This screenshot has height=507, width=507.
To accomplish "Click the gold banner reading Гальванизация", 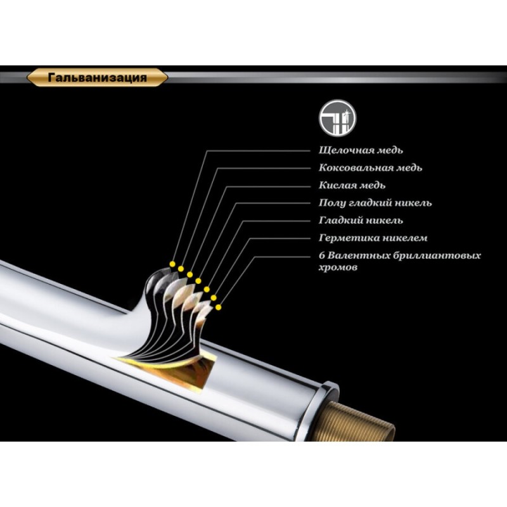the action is click(x=97, y=77).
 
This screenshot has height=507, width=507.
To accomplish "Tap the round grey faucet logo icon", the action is click(x=337, y=118).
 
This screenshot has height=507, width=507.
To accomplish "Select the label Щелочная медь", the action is click(x=361, y=150).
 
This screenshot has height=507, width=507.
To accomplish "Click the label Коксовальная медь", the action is click(x=371, y=168).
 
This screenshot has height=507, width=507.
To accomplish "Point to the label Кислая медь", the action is click(x=352, y=185).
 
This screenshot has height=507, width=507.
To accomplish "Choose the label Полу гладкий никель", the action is click(x=375, y=203).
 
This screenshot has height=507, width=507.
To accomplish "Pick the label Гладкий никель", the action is click(x=361, y=221).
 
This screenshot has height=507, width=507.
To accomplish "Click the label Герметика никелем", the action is click(x=373, y=238).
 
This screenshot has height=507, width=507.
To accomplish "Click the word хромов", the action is click(x=338, y=267).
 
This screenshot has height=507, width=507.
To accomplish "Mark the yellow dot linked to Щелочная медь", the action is click(x=172, y=264).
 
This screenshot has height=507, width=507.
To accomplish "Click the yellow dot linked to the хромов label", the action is click(x=219, y=307).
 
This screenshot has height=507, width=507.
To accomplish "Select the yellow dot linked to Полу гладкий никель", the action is click(x=198, y=281).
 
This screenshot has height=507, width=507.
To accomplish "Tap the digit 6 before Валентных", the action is click(x=321, y=256).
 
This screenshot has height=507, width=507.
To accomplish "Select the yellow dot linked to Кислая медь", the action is click(x=189, y=274).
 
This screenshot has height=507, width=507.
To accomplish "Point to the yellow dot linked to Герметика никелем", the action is click(x=214, y=297).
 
